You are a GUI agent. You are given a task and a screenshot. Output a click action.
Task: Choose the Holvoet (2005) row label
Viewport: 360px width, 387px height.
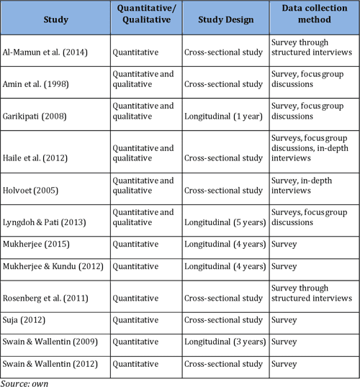30,191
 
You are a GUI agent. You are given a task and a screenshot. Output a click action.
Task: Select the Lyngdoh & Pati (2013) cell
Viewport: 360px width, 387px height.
44,223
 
